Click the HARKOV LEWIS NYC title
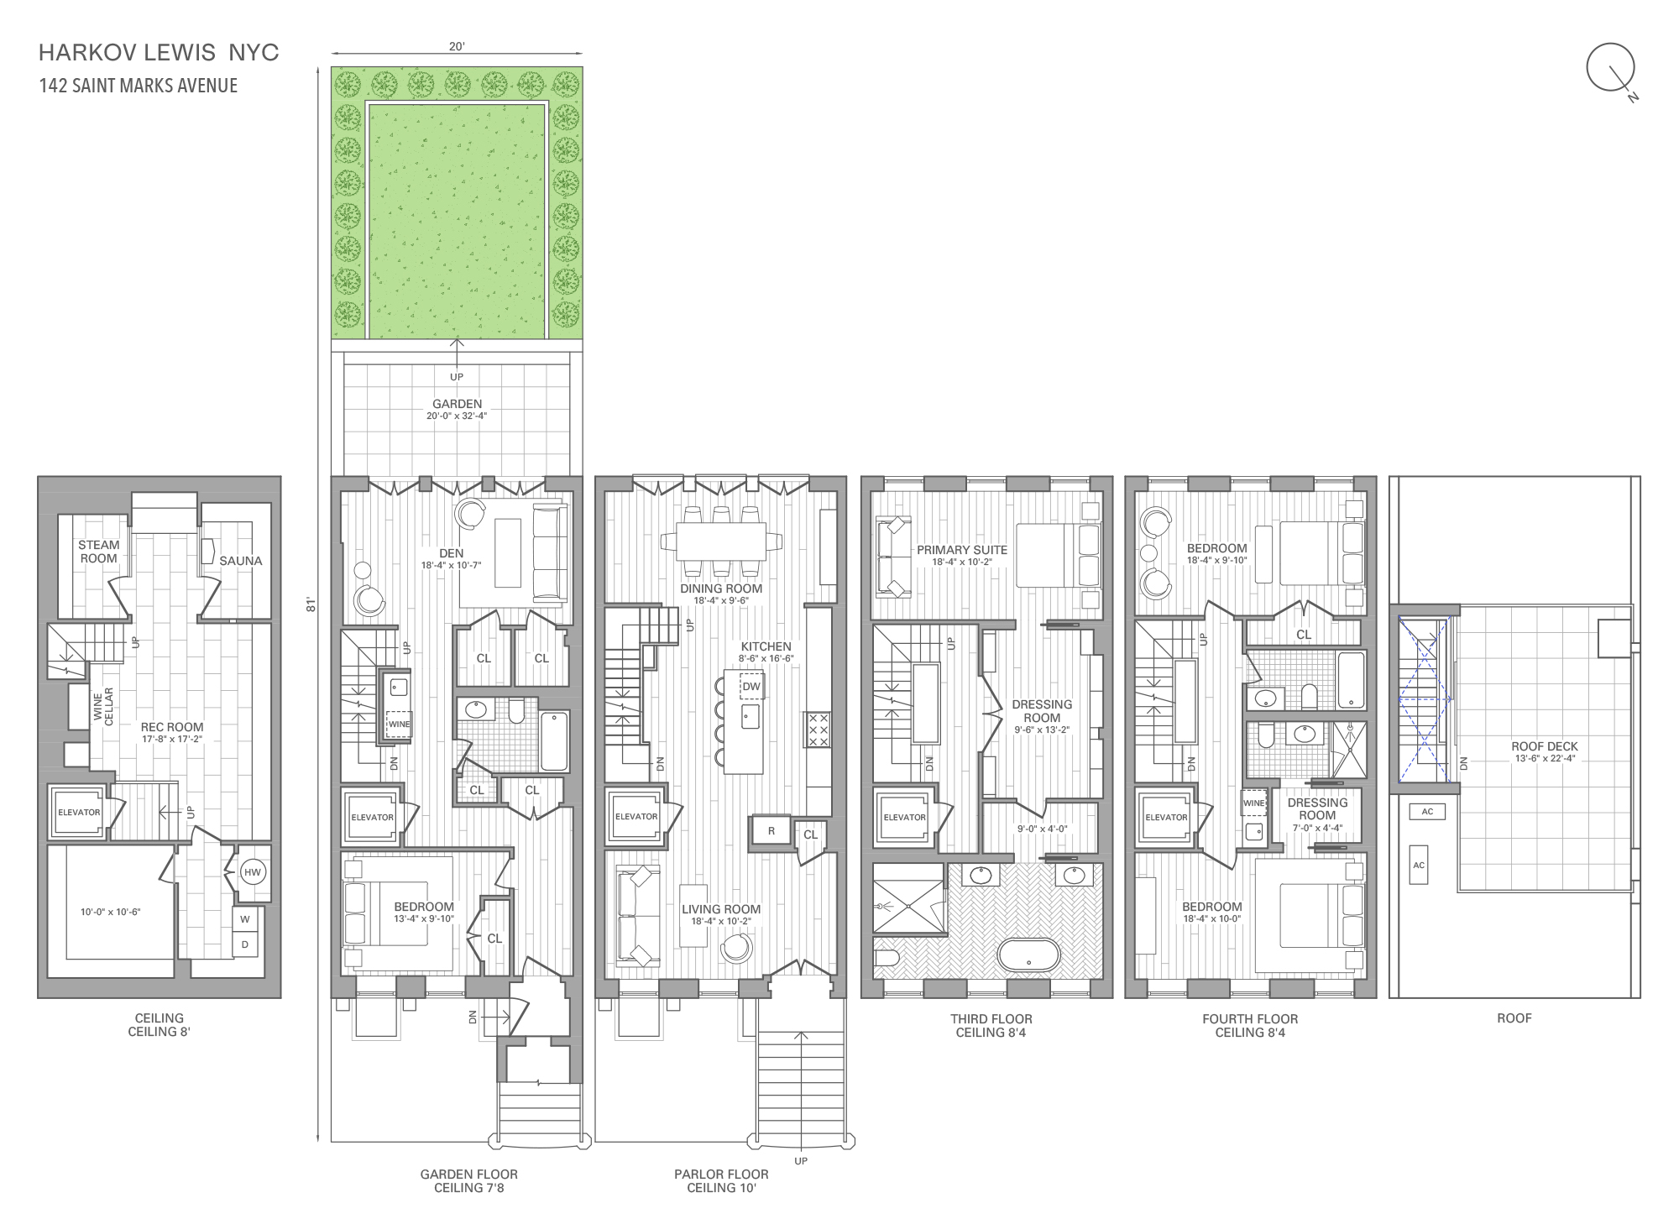(159, 52)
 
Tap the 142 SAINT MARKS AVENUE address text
(139, 86)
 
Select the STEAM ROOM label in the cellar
(99, 552)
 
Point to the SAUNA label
(240, 561)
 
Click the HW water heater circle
(253, 872)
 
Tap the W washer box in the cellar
(245, 919)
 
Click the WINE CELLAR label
(103, 707)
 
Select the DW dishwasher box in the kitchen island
(751, 686)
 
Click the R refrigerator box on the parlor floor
(772, 831)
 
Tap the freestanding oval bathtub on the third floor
(1028, 955)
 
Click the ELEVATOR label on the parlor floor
(636, 816)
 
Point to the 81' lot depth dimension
(311, 604)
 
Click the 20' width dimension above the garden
(457, 46)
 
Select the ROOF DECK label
(1545, 746)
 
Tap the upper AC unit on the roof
(1427, 812)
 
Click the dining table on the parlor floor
(720, 541)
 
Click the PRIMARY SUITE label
(962, 550)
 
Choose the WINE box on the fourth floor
(1253, 803)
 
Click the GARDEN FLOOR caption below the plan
(468, 1174)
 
